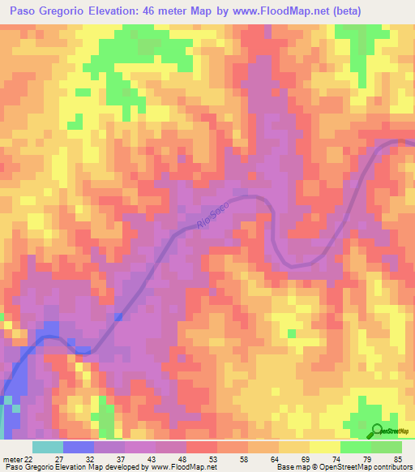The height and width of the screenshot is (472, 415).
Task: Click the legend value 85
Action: pyautogui.click(x=397, y=459)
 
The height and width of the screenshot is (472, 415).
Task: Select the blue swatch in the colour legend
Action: pyautogui.click(x=78, y=447)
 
